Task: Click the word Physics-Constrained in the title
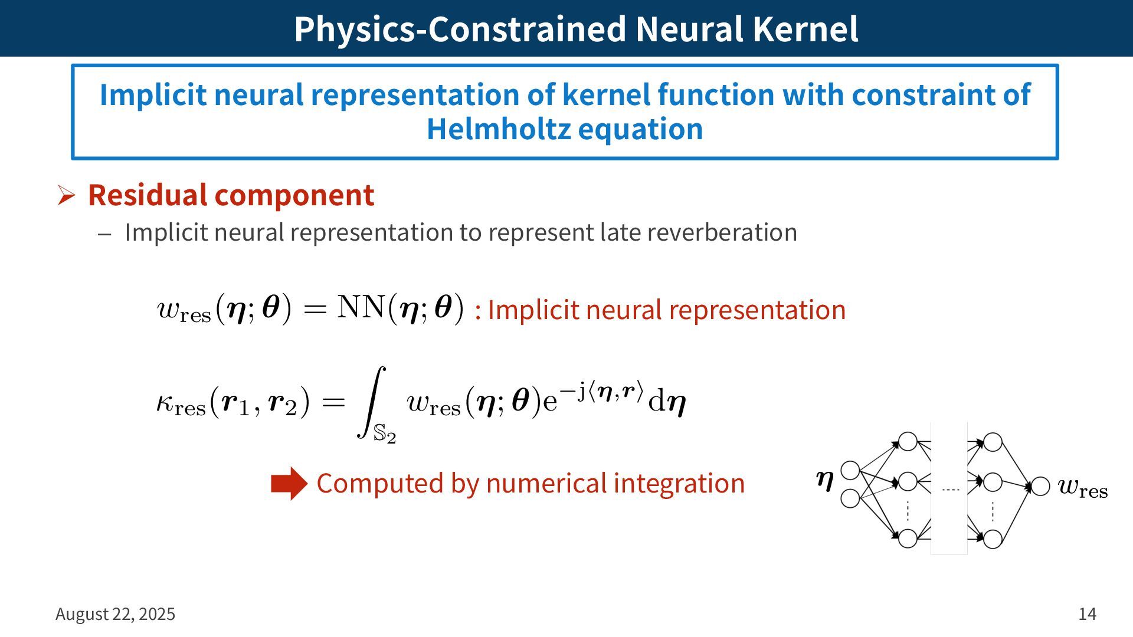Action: coord(460,29)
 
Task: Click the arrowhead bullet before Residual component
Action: coord(66,195)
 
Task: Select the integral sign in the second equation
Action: coord(371,402)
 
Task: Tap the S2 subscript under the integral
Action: coord(385,435)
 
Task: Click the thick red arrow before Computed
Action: coord(289,484)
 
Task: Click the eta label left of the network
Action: coord(824,480)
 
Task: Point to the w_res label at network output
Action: coord(1083,488)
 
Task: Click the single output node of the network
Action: coord(1040,487)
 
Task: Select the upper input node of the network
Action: coord(850,470)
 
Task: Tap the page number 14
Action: coord(1087,614)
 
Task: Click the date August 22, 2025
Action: coord(116,614)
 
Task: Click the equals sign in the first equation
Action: coord(315,308)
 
